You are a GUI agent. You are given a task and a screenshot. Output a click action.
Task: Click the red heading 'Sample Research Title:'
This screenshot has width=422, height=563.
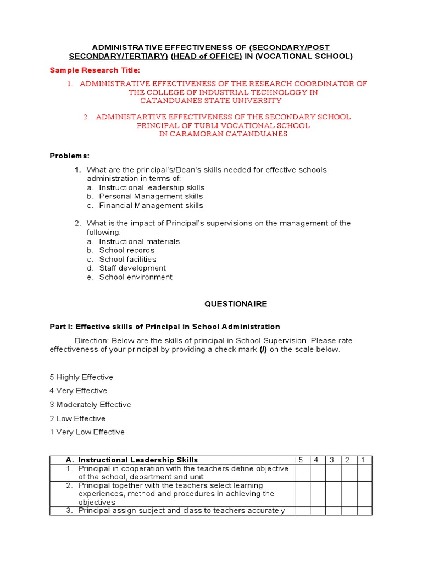point(95,70)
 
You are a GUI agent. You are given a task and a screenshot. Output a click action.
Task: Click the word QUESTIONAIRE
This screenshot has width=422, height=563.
point(228,304)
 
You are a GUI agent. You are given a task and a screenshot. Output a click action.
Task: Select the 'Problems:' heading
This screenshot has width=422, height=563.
point(69,156)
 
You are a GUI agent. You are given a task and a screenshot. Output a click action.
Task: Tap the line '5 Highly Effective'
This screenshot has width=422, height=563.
point(81,377)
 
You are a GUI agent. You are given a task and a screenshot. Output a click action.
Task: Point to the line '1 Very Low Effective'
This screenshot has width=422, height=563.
point(87,432)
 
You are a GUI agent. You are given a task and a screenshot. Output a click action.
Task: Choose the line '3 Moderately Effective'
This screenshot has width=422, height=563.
point(90,405)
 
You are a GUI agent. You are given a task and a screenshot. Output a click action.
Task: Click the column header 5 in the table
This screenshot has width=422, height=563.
point(302,460)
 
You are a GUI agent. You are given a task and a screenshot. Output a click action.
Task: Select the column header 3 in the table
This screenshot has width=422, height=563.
point(332,460)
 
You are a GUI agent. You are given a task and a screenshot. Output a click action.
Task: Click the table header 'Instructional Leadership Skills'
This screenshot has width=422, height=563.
point(138,460)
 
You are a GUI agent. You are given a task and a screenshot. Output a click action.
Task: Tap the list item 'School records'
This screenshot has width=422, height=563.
point(126,250)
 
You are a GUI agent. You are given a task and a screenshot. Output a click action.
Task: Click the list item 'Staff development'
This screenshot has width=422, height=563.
point(132,268)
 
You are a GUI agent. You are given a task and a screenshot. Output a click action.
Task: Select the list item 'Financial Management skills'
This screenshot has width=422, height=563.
point(151,206)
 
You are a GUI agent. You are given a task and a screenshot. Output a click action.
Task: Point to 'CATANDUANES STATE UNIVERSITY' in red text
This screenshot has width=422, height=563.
point(210,101)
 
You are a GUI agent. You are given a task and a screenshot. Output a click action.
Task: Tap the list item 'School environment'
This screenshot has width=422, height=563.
point(136,277)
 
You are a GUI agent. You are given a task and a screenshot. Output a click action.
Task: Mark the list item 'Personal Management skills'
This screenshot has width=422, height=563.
point(151,196)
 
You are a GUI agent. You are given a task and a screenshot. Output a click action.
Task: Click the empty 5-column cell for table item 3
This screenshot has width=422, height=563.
point(302,511)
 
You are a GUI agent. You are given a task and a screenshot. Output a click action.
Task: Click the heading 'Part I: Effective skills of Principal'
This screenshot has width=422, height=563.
point(165,327)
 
